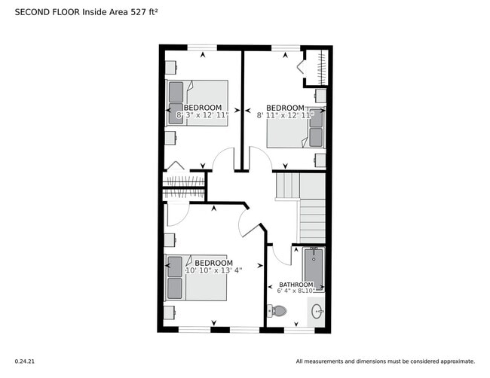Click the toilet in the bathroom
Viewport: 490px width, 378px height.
pos(278,310)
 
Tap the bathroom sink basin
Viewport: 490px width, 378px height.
pos(317,310)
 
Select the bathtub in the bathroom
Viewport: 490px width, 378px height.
pos(313,270)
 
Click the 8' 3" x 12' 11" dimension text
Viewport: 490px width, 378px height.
pos(202,116)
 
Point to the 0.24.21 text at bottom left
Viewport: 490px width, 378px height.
pos(25,361)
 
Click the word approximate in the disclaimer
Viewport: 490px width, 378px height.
pos(456,361)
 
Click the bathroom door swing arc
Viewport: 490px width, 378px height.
pos(280,255)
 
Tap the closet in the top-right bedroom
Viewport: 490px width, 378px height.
pos(315,67)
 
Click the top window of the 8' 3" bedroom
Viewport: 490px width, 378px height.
pos(202,48)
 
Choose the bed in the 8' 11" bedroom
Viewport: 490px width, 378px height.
pos(296,125)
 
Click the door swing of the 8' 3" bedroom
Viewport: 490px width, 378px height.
pos(223,160)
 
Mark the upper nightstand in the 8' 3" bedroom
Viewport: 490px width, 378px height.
pos(171,67)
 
